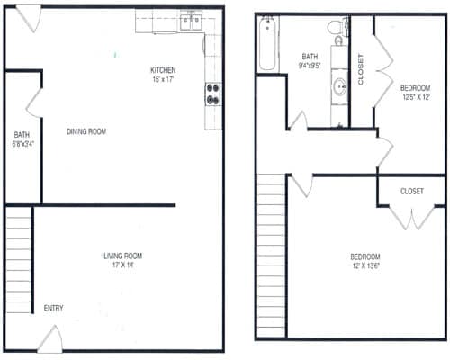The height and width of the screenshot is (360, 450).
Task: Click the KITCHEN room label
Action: [x=162, y=70]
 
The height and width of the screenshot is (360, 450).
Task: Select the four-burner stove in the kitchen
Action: [x=214, y=94]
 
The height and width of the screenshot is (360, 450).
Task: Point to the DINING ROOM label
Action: [x=86, y=132]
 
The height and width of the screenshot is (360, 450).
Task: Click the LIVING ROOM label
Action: [x=122, y=256]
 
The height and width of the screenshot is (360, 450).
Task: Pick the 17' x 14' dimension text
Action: [x=122, y=266]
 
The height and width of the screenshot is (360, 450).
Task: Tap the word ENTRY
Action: [x=54, y=309]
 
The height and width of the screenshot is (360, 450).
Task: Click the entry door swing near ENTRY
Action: [x=51, y=339]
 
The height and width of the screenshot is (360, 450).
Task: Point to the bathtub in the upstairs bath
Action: [x=266, y=45]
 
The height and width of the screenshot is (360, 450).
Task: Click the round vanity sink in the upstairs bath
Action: [x=340, y=87]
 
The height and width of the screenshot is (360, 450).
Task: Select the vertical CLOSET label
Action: [x=361, y=69]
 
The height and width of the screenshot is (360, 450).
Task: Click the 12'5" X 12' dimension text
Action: [x=414, y=97]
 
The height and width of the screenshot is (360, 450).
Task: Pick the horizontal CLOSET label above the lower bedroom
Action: [x=412, y=191]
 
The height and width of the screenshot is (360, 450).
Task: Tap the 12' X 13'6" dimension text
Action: [x=365, y=266]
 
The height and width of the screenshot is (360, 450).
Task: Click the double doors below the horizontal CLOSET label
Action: [x=412, y=217]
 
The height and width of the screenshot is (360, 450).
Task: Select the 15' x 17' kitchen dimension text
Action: [x=162, y=80]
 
